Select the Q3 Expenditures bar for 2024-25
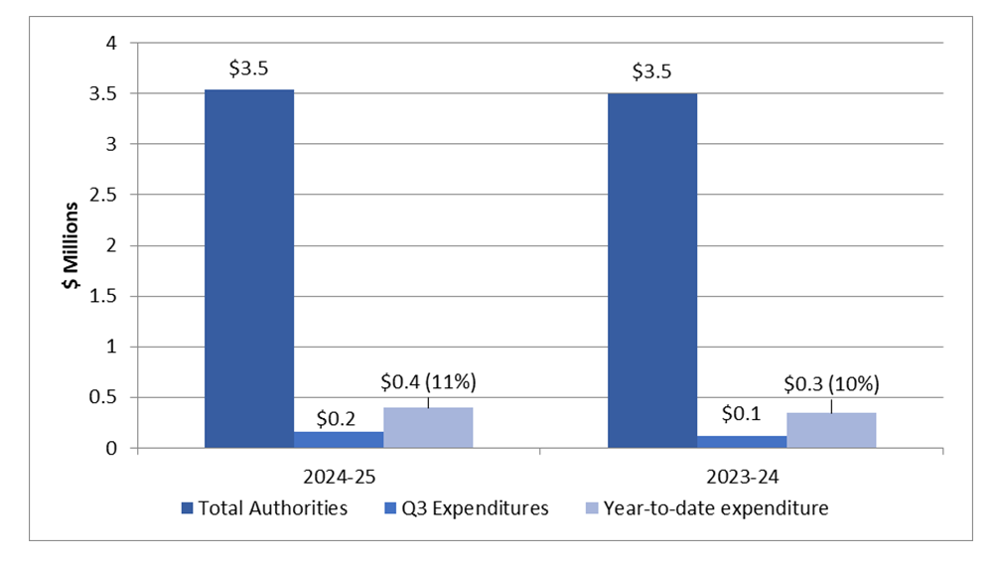(339, 440)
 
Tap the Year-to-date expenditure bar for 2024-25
(428, 428)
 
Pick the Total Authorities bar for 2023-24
(651, 270)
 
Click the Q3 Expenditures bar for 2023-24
(741, 442)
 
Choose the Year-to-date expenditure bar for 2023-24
(831, 430)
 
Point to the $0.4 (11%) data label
(428, 381)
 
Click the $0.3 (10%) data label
(831, 383)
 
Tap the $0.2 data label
(338, 417)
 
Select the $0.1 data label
(741, 413)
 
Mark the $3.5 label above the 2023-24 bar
(651, 71)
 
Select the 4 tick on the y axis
(112, 44)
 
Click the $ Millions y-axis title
(71, 245)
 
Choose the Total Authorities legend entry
(264, 508)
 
